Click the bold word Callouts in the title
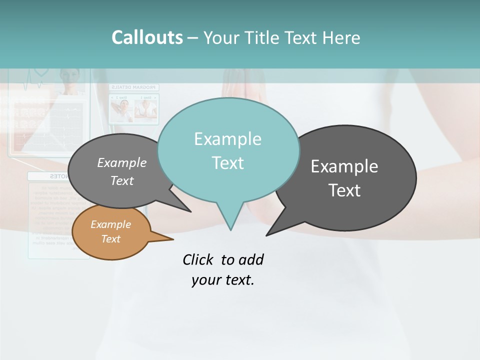pyautogui.click(x=147, y=37)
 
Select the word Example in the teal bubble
pyautogui.click(x=227, y=139)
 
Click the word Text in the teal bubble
pyautogui.click(x=227, y=163)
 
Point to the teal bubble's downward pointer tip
pyautogui.click(x=230, y=229)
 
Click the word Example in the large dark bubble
pyautogui.click(x=344, y=166)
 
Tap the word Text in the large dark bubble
pyautogui.click(x=344, y=190)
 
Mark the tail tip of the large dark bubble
pyautogui.click(x=267, y=234)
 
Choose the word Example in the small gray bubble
pyautogui.click(x=122, y=163)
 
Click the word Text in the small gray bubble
pyautogui.click(x=122, y=181)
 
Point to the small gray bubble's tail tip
pyautogui.click(x=190, y=211)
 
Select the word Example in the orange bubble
pyautogui.click(x=110, y=224)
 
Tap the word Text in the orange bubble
pyautogui.click(x=110, y=239)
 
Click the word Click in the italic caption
pyautogui.click(x=198, y=259)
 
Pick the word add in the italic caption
pyautogui.click(x=250, y=259)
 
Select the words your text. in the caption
pyautogui.click(x=222, y=280)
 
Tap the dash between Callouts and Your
pyautogui.click(x=193, y=37)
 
